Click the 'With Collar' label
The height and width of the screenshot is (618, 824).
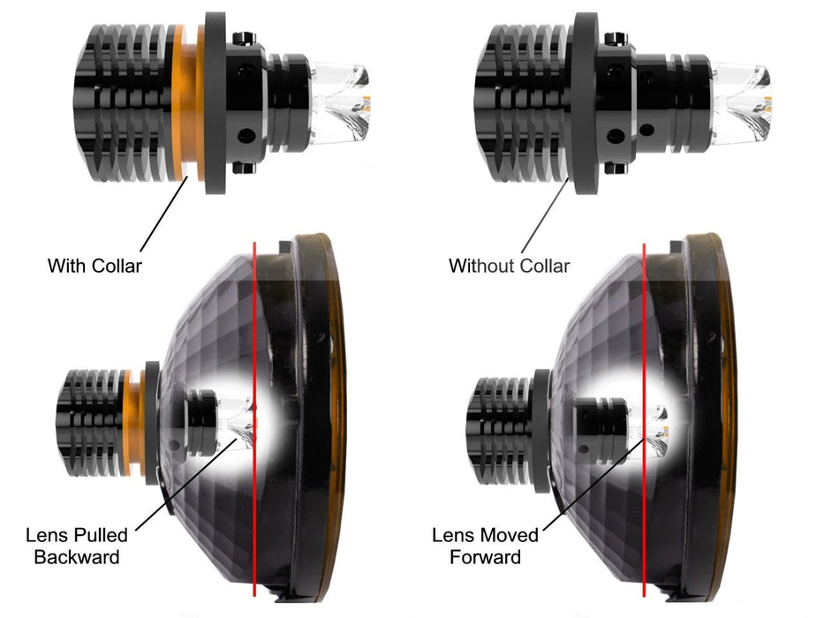(94, 266)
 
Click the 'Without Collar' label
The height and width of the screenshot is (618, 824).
(510, 266)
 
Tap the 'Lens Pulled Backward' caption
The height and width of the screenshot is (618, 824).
(77, 546)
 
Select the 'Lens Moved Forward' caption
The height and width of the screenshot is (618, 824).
(485, 546)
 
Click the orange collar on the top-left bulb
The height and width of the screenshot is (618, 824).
(188, 102)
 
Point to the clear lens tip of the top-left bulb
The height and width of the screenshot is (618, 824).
(341, 102)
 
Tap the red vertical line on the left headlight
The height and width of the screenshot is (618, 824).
(254, 418)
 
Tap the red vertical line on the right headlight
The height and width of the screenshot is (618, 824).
(645, 418)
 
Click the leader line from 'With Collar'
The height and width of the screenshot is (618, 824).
(164, 215)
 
